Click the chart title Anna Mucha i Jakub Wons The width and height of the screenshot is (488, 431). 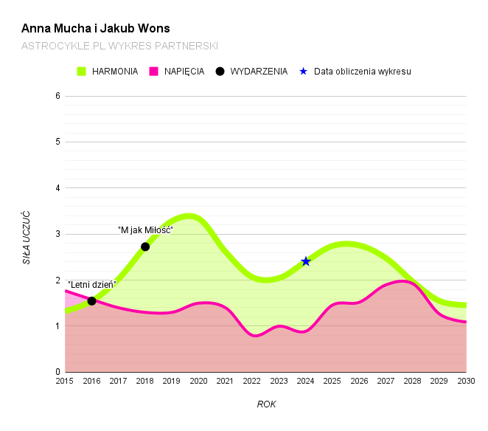[96, 29]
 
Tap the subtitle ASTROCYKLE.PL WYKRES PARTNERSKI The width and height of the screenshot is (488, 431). [119, 46]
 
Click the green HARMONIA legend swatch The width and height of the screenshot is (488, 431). [82, 72]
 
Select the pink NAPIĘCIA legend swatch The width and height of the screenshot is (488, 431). [154, 72]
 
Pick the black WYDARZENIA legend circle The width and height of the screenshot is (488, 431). [220, 72]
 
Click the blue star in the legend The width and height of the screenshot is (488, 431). [303, 72]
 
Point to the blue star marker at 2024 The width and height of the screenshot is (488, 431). [306, 261]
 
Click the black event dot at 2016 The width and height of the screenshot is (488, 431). [91, 301]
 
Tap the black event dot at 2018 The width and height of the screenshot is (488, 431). [145, 246]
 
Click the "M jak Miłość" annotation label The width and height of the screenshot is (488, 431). [145, 230]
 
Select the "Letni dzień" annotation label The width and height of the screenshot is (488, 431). [92, 285]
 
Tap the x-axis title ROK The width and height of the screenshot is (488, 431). [266, 404]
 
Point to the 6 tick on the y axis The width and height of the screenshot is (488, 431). [57, 96]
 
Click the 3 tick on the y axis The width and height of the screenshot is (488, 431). [57, 234]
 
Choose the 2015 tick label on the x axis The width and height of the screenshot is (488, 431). [65, 381]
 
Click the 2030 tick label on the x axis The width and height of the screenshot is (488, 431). [466, 381]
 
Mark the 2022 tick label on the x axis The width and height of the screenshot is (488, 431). [252, 381]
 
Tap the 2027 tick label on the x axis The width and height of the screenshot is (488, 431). [386, 381]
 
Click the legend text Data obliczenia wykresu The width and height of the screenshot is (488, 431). [362, 72]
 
